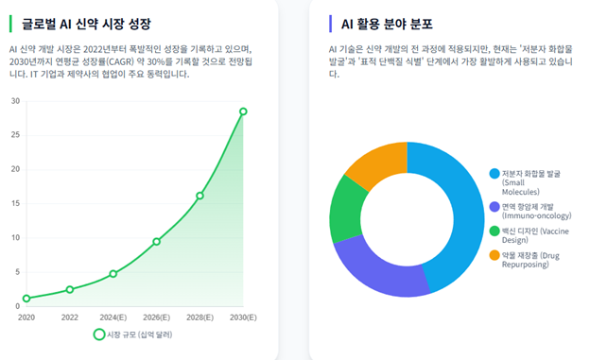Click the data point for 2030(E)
[x=243, y=111]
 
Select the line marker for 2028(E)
[x=200, y=196]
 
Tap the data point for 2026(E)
[x=157, y=242]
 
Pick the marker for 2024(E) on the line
[x=113, y=274]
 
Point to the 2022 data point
[x=70, y=290]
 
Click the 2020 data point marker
[x=26, y=299]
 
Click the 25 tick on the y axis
[x=15, y=135]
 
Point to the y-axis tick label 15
[x=15, y=203]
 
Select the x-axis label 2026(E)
[x=157, y=317]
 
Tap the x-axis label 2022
[x=70, y=317]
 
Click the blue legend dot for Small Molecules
[x=495, y=174]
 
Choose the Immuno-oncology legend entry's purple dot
[x=495, y=207]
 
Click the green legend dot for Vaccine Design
[x=495, y=231]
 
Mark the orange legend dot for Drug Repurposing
[x=495, y=255]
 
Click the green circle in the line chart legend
[x=99, y=334]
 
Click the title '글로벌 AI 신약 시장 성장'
[x=86, y=24]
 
